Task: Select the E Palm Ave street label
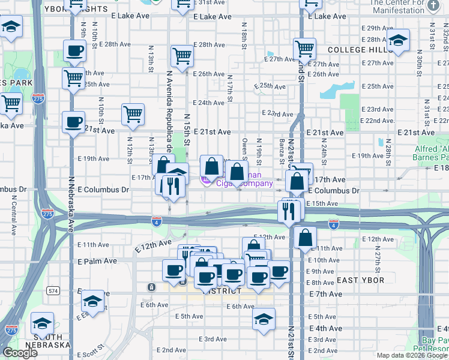click(x=97, y=262)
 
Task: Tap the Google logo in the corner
click(x=20, y=353)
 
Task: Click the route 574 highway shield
click(x=54, y=291)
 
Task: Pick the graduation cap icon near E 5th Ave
click(x=264, y=319)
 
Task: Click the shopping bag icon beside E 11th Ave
click(x=306, y=238)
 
